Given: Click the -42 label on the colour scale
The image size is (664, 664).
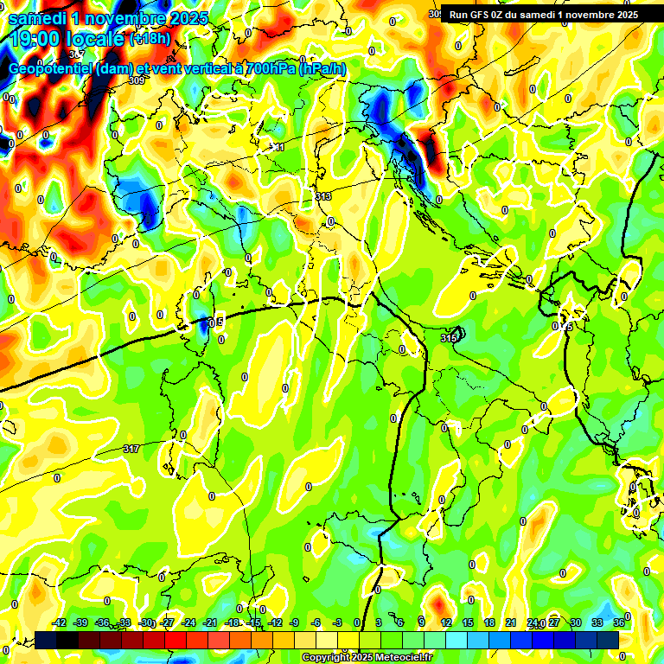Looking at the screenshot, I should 60,622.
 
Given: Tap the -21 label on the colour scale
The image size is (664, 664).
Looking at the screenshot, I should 189,622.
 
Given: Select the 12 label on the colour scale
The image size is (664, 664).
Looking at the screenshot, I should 446,622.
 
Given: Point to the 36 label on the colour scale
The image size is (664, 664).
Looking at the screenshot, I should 619,622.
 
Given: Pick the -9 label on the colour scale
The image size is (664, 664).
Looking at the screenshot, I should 295,622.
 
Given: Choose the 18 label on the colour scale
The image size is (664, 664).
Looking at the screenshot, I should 489,622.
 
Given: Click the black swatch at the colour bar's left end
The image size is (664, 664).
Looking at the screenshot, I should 47,639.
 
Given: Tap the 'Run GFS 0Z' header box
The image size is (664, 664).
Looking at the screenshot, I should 544,14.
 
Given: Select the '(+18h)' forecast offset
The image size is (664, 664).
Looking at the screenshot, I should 150,39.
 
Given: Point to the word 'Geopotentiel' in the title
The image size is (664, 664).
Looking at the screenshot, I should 49,69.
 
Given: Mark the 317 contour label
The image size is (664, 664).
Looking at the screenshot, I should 131,449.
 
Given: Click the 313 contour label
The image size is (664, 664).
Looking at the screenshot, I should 323,197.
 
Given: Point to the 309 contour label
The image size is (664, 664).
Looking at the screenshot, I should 136,80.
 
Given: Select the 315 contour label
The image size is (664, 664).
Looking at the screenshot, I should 448,338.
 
